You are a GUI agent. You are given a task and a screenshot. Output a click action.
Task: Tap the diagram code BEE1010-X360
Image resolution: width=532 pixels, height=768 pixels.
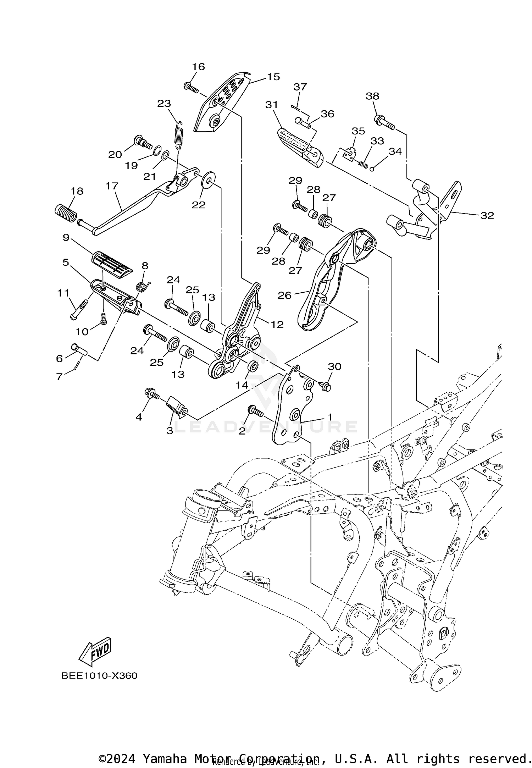[x=99, y=675]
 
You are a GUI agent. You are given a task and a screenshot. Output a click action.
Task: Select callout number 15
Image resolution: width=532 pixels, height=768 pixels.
[x=273, y=77]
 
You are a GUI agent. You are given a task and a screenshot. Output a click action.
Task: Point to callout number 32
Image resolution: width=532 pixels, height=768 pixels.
[x=487, y=215]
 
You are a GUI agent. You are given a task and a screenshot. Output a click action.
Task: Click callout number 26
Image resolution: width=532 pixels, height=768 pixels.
[x=284, y=295]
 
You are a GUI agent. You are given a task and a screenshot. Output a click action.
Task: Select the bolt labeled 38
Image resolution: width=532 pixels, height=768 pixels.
[x=384, y=122]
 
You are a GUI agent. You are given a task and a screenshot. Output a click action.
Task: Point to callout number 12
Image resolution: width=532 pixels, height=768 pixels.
[x=277, y=324]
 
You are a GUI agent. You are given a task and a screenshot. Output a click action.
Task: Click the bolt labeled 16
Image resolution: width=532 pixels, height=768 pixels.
[x=191, y=87]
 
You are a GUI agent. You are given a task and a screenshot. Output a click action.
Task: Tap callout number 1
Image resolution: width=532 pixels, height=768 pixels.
[x=329, y=417]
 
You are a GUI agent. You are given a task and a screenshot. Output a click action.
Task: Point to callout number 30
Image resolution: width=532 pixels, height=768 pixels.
[x=334, y=366]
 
